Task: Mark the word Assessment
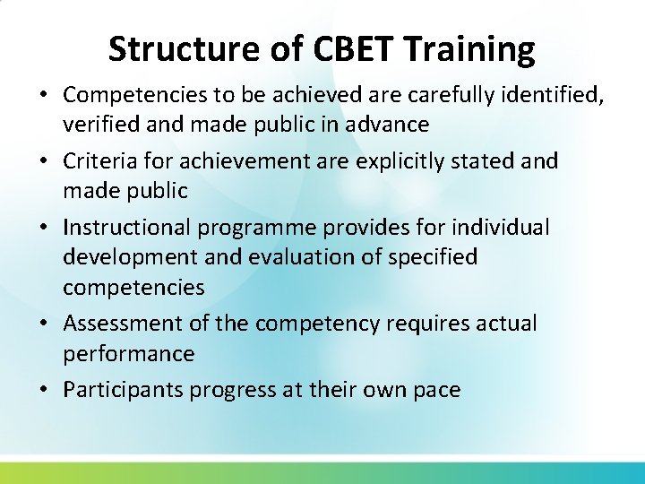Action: (x=113, y=324)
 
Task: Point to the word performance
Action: (x=128, y=354)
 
